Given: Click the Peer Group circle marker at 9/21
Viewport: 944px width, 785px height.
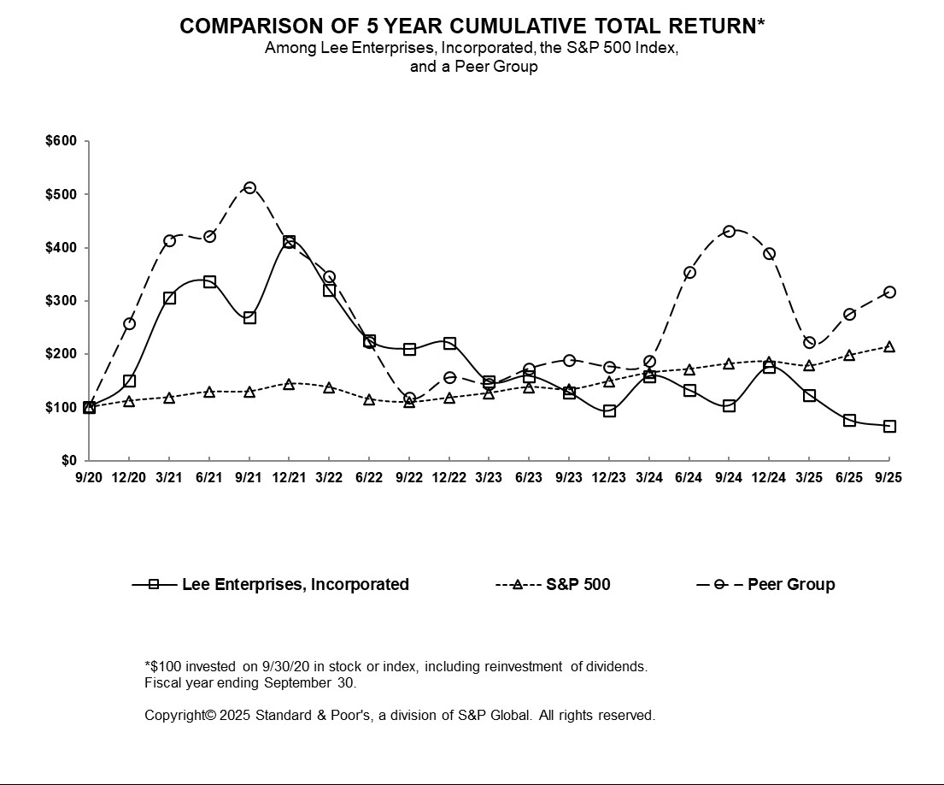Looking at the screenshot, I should coord(249,187).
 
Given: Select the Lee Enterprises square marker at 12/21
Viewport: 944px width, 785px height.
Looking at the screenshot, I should coord(290,242).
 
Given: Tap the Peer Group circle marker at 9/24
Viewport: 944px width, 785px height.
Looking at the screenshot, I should coord(729,231).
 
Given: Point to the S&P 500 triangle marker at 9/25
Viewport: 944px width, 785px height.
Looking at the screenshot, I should coord(889,347).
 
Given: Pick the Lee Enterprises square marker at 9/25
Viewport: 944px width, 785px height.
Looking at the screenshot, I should coord(889,426).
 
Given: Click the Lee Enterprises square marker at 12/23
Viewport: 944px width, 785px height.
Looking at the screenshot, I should coord(609,410).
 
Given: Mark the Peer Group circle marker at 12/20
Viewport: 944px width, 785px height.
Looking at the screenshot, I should coord(129,323).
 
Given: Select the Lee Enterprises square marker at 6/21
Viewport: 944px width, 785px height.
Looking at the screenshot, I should coord(209,281).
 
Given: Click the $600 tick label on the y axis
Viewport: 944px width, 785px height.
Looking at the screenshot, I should coord(61,141).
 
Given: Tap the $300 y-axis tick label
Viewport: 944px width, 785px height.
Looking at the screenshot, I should coord(61,301).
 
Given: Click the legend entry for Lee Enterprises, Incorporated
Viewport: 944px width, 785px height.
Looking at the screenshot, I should coord(295,585).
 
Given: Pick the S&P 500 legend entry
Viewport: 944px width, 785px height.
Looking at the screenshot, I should coord(578,585).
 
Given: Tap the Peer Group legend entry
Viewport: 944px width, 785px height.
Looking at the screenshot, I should coord(790,585).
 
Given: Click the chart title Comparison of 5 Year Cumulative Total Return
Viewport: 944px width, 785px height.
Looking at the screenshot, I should coord(472,27).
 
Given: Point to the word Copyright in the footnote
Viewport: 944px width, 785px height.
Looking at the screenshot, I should coord(175,715).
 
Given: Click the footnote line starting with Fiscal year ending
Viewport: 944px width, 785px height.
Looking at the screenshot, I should coord(250,683).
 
